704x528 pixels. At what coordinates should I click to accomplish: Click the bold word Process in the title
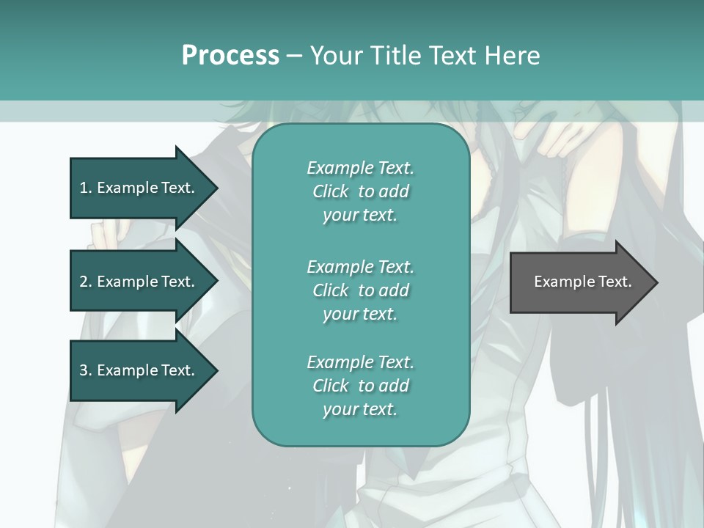coord(230,56)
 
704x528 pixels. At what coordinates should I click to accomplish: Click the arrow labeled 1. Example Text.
coord(139,188)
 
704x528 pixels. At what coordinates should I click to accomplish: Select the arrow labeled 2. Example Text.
coord(139,282)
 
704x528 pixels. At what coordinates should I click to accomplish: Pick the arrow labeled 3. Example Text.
coord(139,370)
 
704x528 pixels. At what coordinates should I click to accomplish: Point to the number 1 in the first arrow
coord(83,188)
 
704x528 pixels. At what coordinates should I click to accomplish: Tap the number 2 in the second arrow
coord(83,282)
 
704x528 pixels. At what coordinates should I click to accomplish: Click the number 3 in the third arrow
coord(83,370)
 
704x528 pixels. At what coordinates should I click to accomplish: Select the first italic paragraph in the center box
coord(360,191)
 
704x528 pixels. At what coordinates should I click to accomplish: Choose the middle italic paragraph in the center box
coord(360,290)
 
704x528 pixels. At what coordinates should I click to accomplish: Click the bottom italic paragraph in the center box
coord(360,386)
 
